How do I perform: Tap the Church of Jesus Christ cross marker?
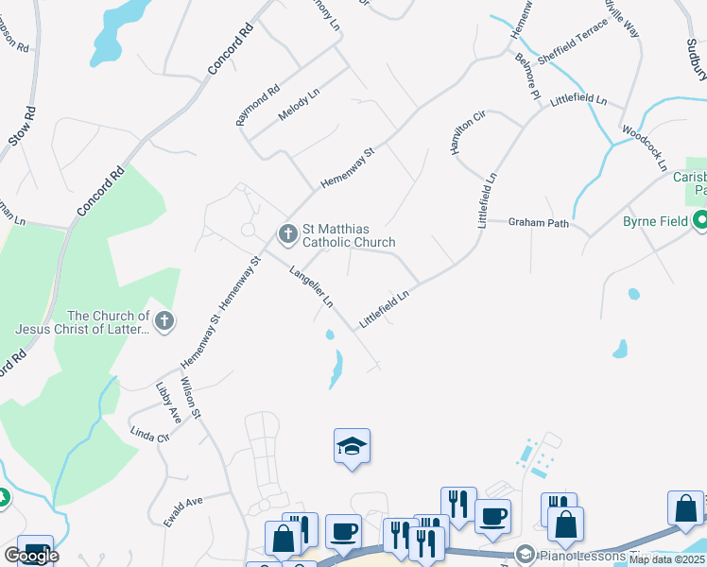click(164, 321)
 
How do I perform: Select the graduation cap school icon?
click(352, 447)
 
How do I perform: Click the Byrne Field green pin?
click(700, 222)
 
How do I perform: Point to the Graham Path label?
click(539, 223)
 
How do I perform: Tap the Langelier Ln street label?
click(311, 287)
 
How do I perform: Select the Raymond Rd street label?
click(258, 105)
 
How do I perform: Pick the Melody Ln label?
click(300, 103)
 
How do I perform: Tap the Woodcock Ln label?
click(645, 145)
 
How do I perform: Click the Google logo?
click(31, 556)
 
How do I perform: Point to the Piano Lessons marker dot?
click(526, 554)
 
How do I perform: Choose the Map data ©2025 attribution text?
click(667, 559)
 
